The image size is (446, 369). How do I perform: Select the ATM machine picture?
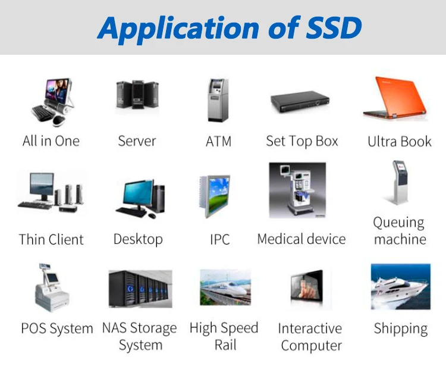pyautogui.click(x=217, y=99)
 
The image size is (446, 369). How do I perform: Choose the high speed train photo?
pyautogui.click(x=225, y=288)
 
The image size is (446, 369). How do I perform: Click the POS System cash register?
pyautogui.click(x=54, y=288)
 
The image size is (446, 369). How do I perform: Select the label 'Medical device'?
pyautogui.click(x=301, y=239)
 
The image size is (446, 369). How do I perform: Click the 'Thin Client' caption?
pyautogui.click(x=51, y=240)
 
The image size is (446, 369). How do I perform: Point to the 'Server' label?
pyautogui.click(x=137, y=142)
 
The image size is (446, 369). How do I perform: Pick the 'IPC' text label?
pyautogui.click(x=219, y=240)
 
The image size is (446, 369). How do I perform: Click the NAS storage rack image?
pyautogui.click(x=140, y=289)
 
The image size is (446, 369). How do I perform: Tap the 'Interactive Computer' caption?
pyautogui.click(x=311, y=337)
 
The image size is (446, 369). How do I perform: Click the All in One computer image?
pyautogui.click(x=52, y=101)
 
